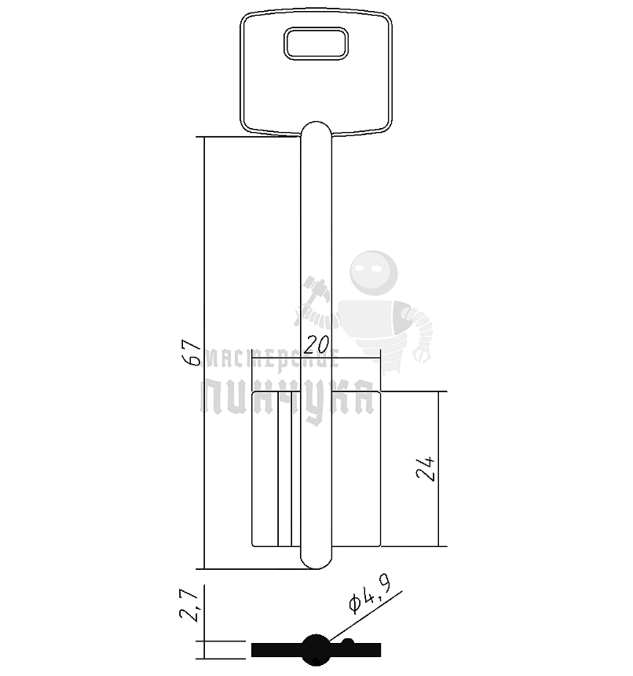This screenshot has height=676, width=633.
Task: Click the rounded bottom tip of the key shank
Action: point(316,559)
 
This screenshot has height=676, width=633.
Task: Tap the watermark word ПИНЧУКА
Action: point(287,397)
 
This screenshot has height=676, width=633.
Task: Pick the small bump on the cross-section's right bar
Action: point(347,644)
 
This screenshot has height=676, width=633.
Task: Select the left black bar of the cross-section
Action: point(275,649)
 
